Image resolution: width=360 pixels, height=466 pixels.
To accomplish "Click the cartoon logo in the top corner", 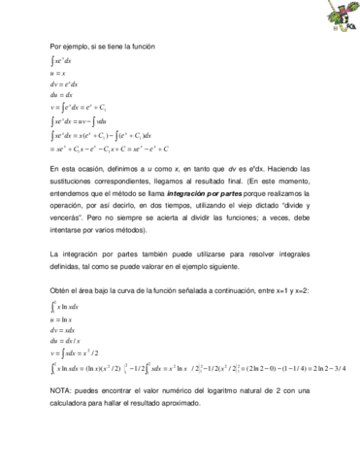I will click(341, 17).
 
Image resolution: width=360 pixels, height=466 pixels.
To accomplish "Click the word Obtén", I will click(60, 290).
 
